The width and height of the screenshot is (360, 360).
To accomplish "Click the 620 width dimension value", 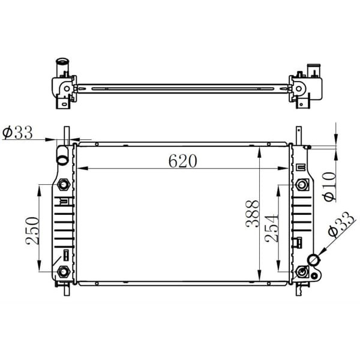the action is pos(183,161).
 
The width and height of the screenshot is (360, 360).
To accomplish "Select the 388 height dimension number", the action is pos(252,214).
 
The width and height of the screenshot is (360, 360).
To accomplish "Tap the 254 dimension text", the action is pos(271,229).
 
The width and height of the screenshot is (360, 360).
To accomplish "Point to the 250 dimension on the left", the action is pos(32,230).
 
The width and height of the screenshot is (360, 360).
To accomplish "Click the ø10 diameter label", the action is pos(329,187).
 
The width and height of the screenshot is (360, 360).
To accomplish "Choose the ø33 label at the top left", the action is pos(17,133).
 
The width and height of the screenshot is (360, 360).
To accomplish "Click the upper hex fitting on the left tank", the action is pos(64,184).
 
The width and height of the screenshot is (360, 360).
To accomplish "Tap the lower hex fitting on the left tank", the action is pos(64,272).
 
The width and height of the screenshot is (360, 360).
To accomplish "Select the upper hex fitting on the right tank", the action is pos(301,185).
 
